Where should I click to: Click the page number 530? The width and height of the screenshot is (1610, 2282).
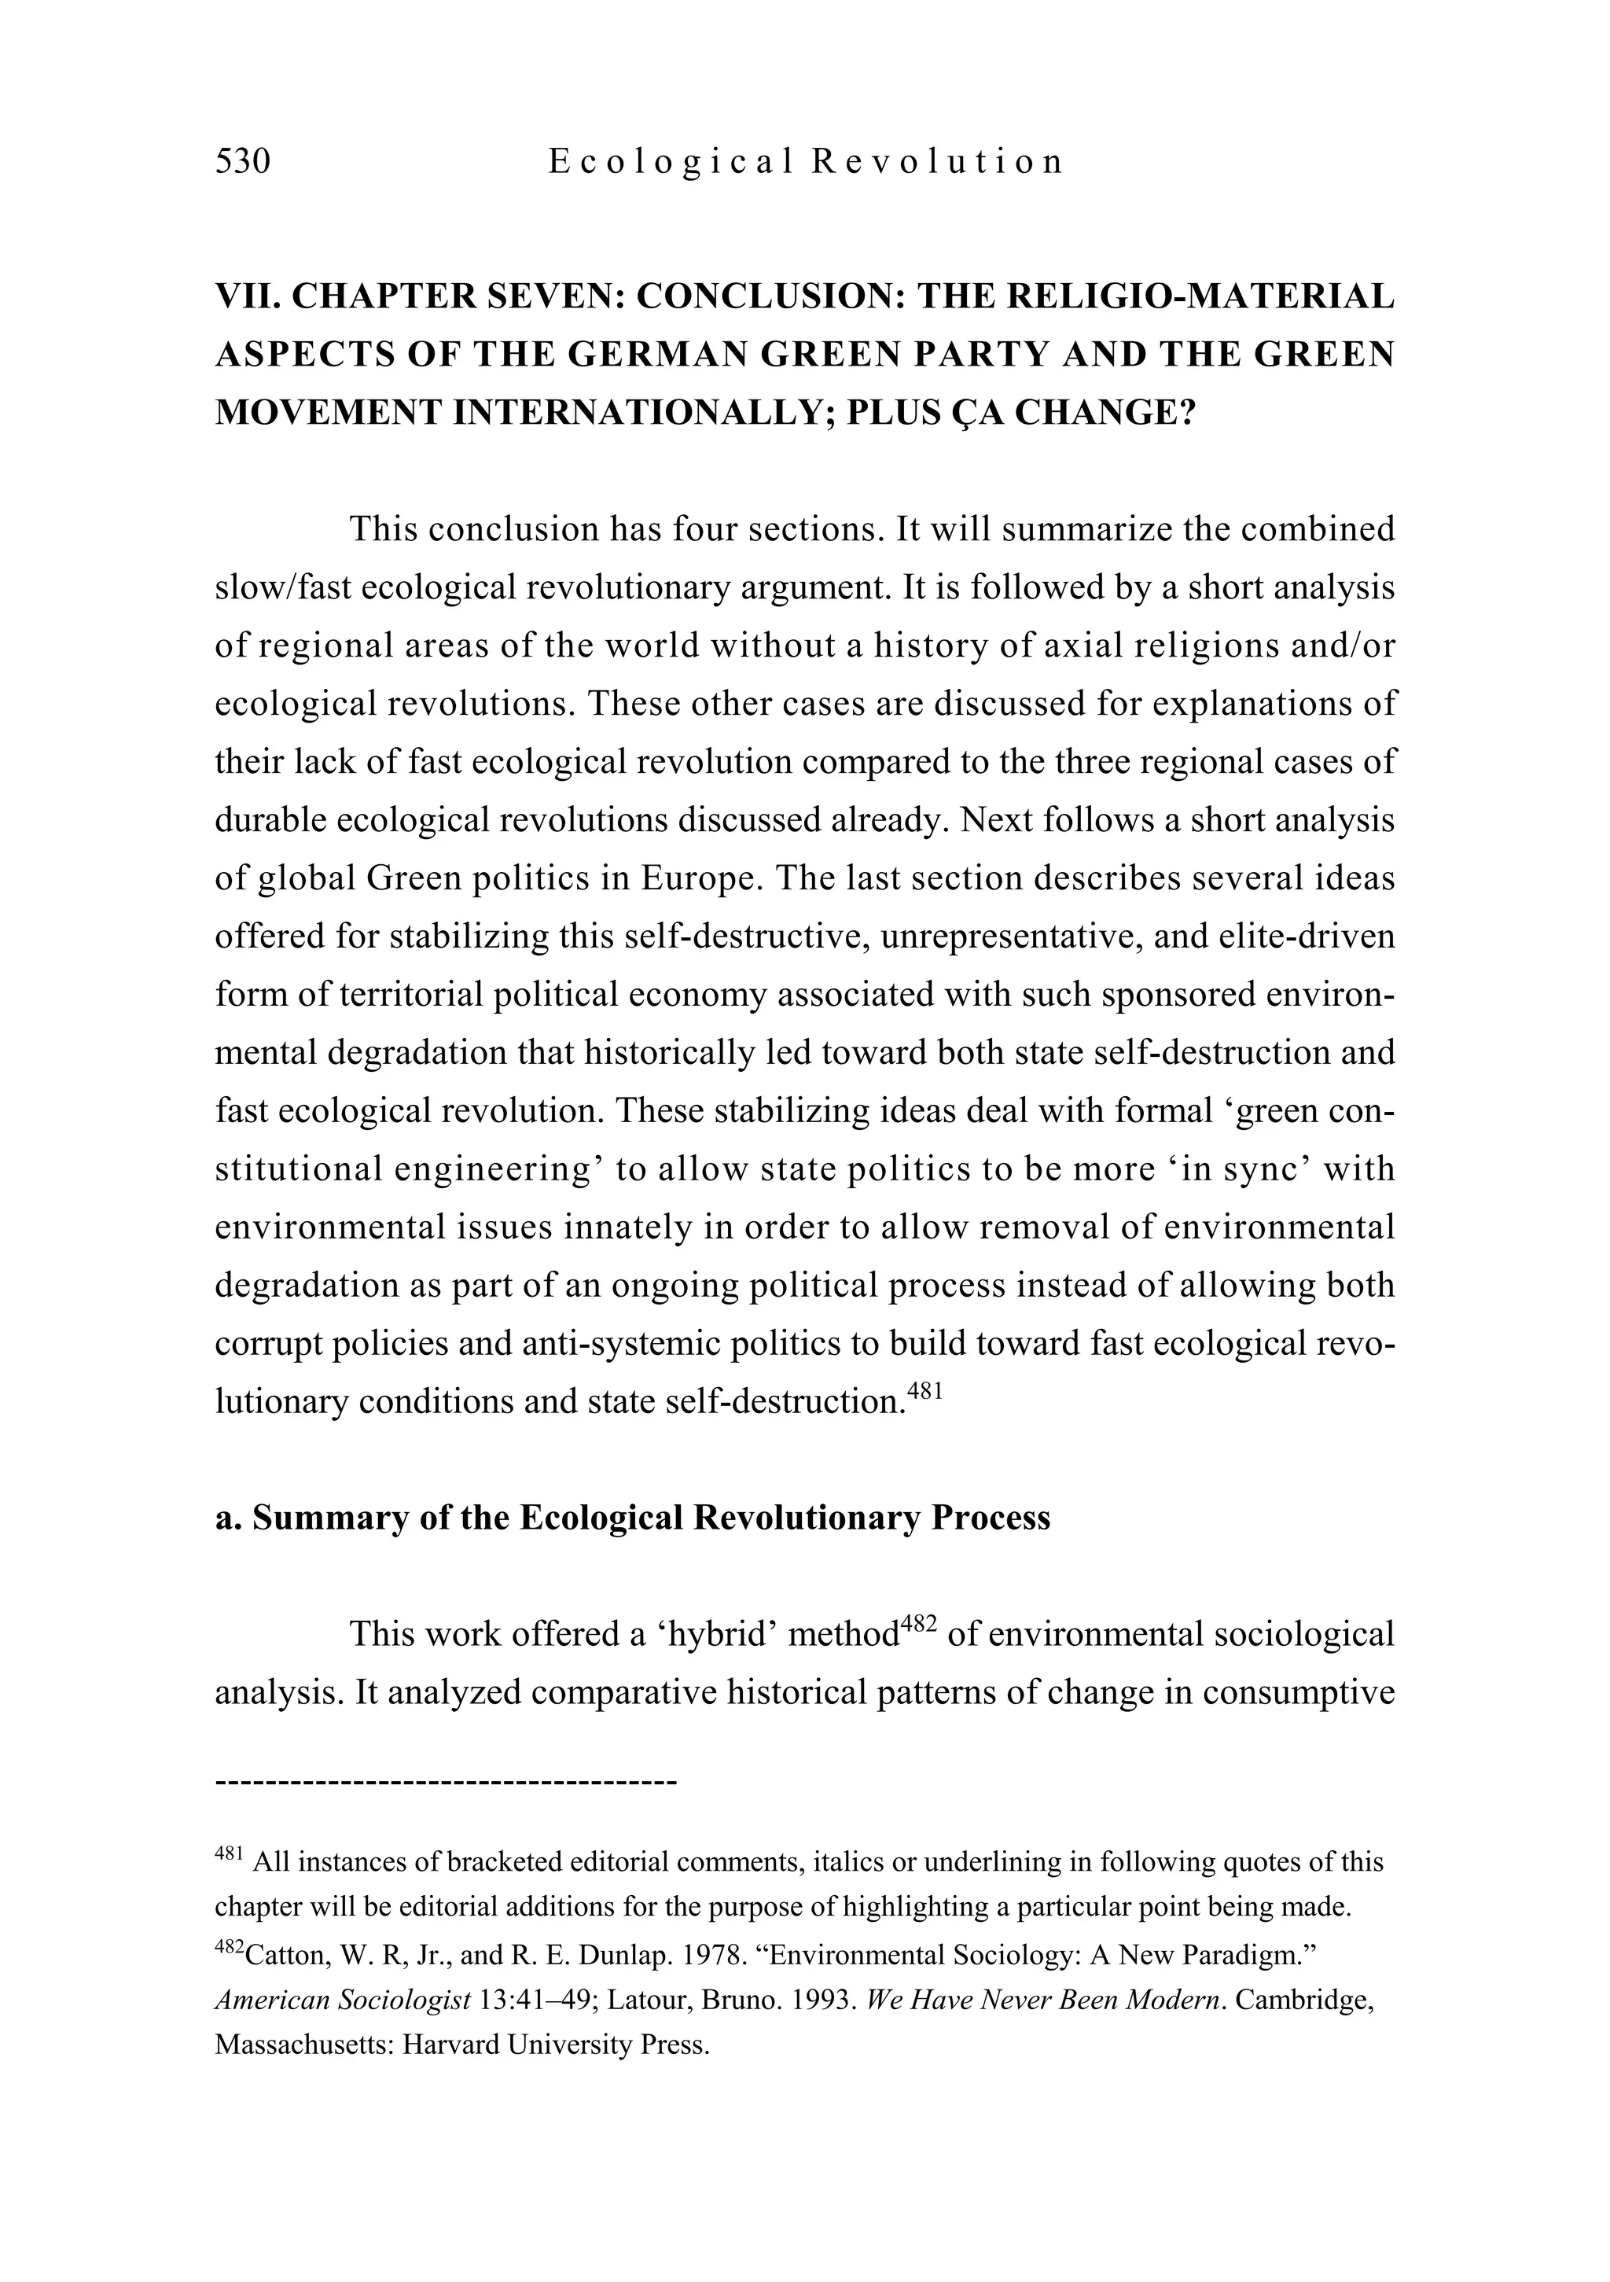point(242,161)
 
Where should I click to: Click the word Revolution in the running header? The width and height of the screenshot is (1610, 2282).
point(937,161)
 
